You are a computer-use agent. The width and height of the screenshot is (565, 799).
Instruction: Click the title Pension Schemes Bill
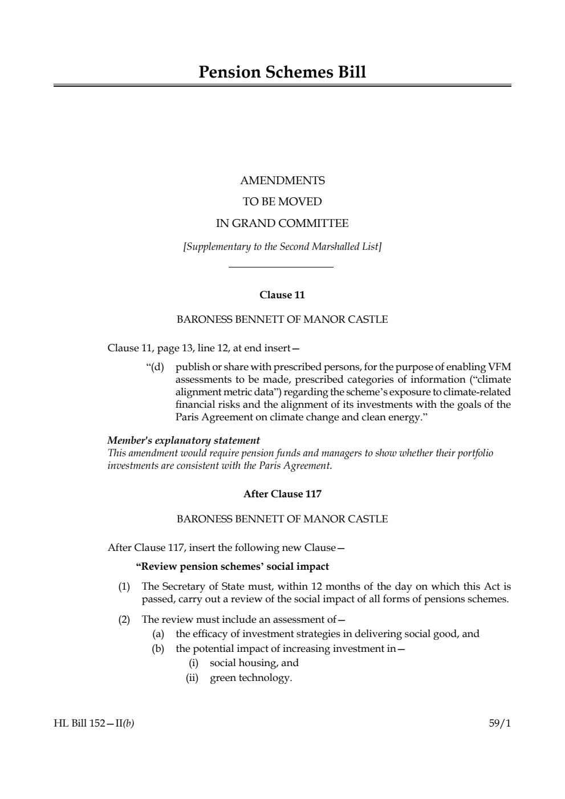(x=282, y=72)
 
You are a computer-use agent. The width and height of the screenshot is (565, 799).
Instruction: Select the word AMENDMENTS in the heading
(x=282, y=181)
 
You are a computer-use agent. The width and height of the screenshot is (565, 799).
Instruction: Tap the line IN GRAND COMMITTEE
(x=282, y=223)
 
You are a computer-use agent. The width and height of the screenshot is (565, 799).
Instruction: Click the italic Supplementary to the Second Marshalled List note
(x=282, y=246)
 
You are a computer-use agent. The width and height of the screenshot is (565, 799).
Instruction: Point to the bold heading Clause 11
(x=282, y=295)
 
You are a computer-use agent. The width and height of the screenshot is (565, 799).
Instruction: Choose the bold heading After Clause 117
(x=282, y=494)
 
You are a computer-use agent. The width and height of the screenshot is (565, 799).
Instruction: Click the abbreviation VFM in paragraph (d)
(x=499, y=367)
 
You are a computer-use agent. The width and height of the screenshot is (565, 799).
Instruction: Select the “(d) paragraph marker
(x=155, y=367)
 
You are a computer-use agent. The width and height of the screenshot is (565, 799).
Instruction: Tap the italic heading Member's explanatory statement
(x=184, y=440)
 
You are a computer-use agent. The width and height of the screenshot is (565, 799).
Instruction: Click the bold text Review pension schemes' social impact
(x=233, y=566)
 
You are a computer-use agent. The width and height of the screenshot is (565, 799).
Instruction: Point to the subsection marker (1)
(x=124, y=586)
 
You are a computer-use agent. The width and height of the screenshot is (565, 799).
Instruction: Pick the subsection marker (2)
(x=124, y=619)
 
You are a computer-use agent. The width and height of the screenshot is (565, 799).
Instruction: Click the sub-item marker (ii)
(x=192, y=678)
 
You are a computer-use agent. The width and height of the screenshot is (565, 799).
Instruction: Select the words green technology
(x=251, y=678)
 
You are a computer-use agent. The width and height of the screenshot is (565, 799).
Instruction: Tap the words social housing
(x=244, y=663)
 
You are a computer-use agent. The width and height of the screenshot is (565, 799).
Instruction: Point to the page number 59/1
(x=500, y=724)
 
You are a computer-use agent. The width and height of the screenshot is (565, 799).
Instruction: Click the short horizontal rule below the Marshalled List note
(x=281, y=267)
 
